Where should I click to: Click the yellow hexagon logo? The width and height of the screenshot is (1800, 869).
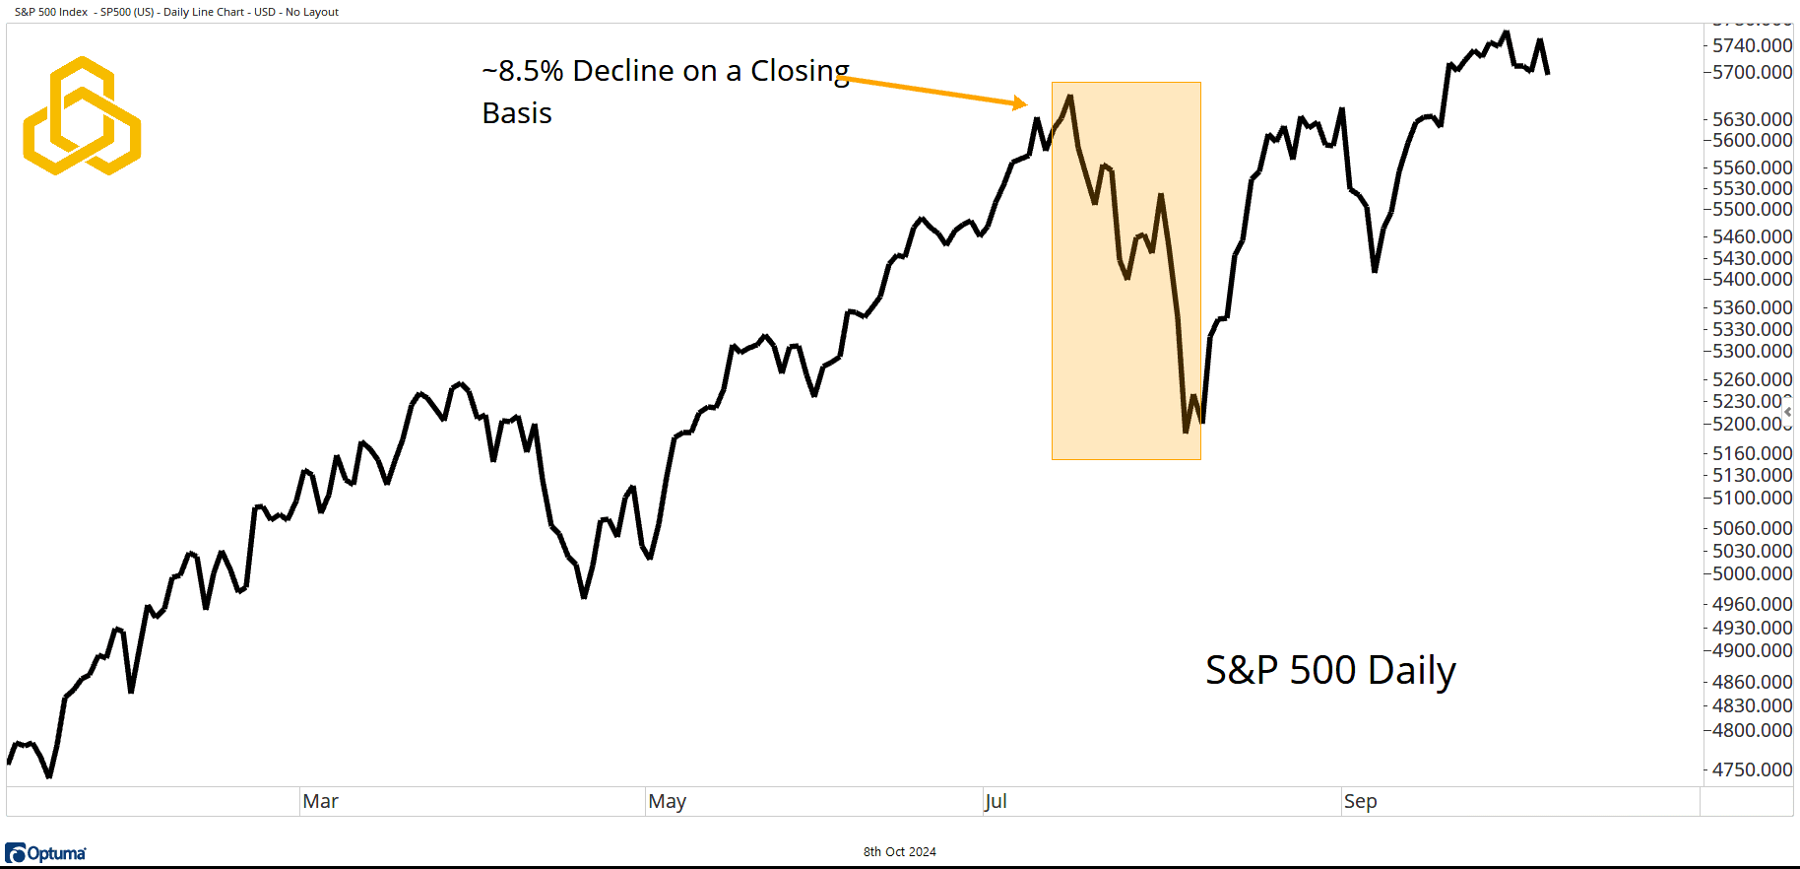point(82,116)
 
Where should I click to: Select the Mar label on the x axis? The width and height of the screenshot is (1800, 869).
point(320,802)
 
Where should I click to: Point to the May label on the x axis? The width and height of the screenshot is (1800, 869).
point(667,802)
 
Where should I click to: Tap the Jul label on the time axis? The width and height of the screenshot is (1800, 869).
point(996,802)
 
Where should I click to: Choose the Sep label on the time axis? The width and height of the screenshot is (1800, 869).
point(1360,802)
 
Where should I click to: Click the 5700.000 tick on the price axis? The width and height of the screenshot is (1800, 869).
point(1752,72)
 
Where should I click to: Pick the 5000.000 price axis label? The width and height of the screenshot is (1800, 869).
point(1752,573)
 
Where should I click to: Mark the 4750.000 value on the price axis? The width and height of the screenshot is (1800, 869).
point(1752,769)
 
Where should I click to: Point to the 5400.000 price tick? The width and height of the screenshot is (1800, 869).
point(1752,279)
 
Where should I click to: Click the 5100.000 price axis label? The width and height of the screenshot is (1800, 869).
point(1752,498)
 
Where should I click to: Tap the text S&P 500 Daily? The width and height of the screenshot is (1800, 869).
point(1329,670)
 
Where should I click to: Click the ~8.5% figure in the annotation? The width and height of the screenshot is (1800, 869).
point(522,71)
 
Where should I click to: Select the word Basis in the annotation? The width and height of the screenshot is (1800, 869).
point(517,113)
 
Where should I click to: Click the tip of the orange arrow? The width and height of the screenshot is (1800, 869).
point(1026,103)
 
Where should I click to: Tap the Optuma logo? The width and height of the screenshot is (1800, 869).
point(45,853)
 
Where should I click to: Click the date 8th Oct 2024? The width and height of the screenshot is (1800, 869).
point(899,852)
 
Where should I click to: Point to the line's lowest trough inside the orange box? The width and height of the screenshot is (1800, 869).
point(1186,432)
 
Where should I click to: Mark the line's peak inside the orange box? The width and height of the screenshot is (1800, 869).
point(1070,96)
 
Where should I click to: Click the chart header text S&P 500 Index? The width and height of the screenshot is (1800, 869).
point(51,12)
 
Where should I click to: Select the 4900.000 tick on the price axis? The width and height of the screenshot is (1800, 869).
point(1752,650)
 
